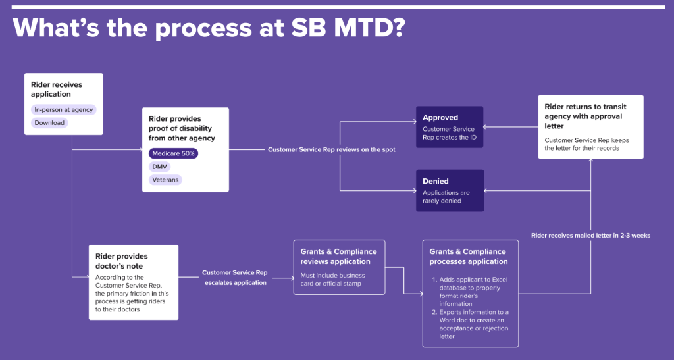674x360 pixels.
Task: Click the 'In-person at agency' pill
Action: [x=64, y=109]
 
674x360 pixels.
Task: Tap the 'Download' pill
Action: [x=49, y=122]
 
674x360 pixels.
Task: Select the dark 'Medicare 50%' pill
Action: [x=173, y=153]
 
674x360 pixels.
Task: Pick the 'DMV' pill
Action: [x=160, y=167]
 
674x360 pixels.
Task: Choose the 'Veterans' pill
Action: [x=165, y=179]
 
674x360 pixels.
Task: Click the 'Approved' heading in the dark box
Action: [x=440, y=118]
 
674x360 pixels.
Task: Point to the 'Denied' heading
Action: [x=436, y=181]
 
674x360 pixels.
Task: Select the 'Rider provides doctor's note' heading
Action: [x=122, y=261]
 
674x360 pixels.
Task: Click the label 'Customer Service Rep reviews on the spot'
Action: [x=331, y=150]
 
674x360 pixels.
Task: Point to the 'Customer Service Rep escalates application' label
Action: [x=234, y=277]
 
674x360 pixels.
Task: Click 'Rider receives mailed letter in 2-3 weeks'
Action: [x=590, y=235]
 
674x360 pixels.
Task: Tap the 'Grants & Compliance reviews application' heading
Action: [x=338, y=257]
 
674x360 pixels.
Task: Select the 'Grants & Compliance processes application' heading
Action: [x=468, y=257]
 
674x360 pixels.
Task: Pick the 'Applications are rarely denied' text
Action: [x=446, y=197]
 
